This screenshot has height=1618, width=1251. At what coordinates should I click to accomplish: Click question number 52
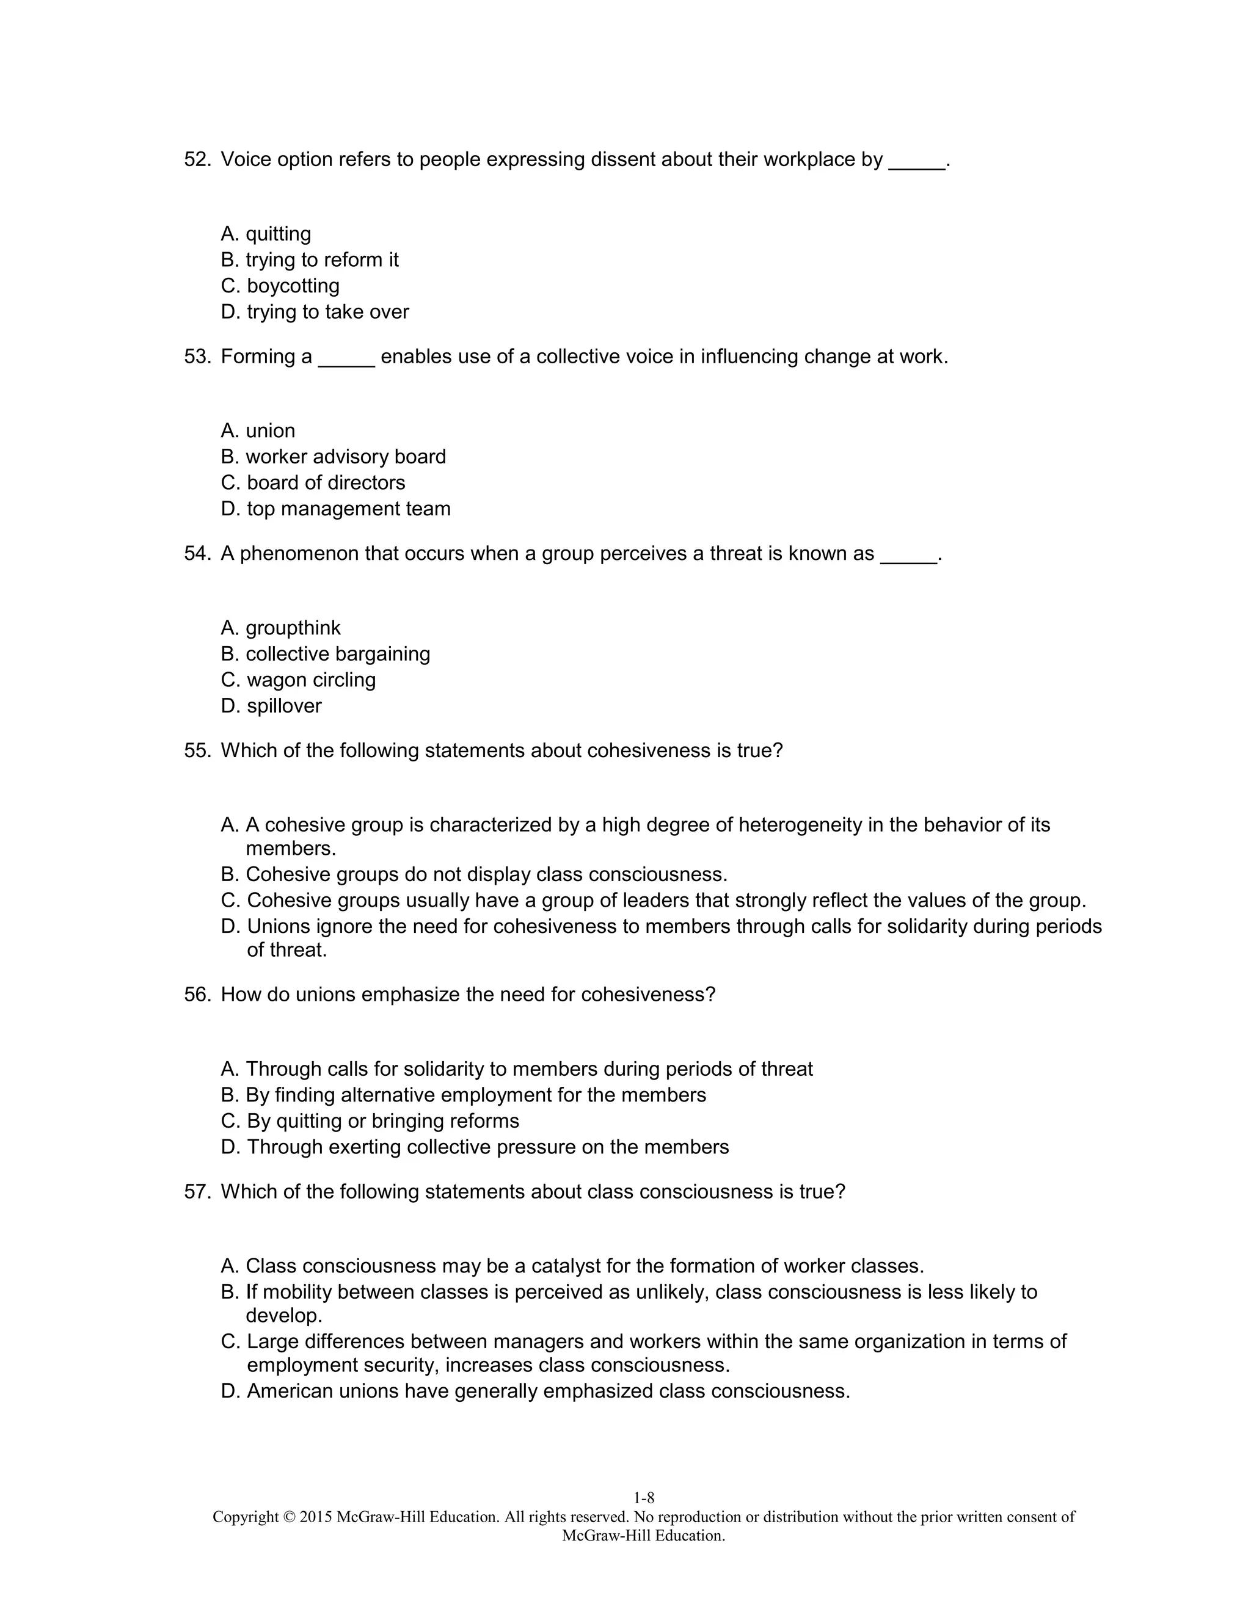197,160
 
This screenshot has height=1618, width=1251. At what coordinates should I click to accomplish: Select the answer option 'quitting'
278,234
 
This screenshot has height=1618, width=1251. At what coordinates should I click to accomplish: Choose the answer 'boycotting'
293,286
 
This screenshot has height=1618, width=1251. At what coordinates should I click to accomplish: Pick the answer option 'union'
270,431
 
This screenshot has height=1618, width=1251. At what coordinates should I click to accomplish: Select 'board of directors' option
326,483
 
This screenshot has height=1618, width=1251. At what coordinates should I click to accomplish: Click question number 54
197,554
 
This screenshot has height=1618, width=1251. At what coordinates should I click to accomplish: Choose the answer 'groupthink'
293,628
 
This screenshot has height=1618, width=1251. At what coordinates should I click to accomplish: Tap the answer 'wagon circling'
312,680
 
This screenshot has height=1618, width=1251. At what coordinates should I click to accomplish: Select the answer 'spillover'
284,706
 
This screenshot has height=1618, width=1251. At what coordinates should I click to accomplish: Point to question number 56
197,995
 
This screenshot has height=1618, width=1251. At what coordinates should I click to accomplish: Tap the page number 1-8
643,1498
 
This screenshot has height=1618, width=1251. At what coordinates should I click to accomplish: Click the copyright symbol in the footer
289,1517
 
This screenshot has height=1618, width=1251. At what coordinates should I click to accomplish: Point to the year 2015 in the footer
316,1517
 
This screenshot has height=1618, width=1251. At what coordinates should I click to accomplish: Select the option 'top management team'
348,509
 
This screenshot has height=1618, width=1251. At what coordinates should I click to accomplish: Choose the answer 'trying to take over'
327,312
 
